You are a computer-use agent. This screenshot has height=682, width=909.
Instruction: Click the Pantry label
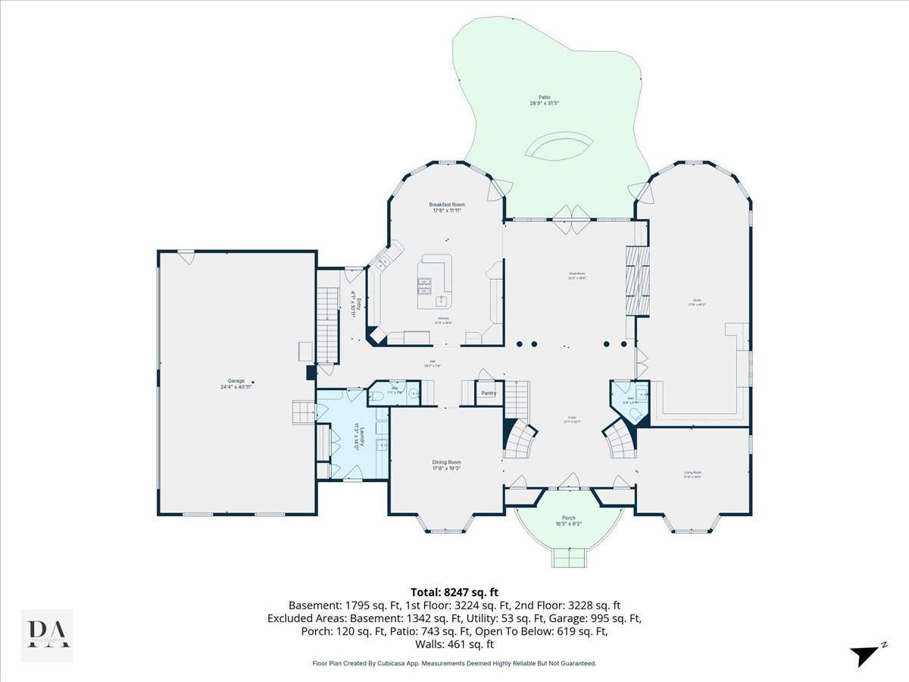coord(489,393)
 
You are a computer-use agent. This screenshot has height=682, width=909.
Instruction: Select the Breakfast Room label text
coord(447,208)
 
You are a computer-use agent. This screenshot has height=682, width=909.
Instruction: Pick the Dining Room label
coord(446,465)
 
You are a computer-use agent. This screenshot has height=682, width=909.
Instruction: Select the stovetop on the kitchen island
coord(424,286)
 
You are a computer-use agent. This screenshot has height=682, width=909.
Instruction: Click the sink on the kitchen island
coord(441,299)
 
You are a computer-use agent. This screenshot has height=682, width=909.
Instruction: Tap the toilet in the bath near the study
coord(641,393)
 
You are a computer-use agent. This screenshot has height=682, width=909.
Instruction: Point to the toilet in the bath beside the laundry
coord(378,395)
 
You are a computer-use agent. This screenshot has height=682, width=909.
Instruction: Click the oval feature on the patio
coord(559,147)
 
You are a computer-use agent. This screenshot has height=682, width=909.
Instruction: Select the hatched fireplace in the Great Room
coord(637,281)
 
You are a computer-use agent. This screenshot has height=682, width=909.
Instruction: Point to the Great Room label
coord(577,276)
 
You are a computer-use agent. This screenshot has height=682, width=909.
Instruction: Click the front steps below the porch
coord(569,558)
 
